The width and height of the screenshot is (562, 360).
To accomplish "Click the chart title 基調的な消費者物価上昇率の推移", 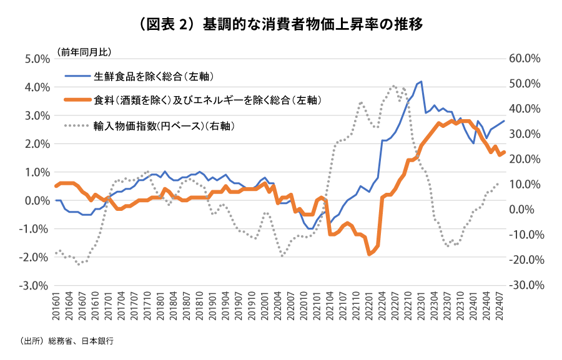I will (281, 25).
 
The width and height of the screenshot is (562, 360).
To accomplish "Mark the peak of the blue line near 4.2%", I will (421, 82).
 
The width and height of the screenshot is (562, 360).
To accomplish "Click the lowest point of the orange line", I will (370, 254).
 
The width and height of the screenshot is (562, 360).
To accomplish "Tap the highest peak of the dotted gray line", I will (393, 86).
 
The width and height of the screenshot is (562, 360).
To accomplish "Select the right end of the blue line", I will (504, 121).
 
